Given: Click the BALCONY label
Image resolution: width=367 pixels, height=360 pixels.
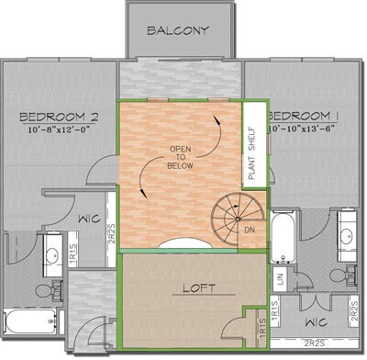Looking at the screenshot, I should click(x=178, y=29).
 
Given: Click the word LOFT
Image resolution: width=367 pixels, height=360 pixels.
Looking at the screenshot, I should click(x=197, y=287).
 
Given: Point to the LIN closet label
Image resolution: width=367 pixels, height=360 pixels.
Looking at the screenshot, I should click(x=276, y=276).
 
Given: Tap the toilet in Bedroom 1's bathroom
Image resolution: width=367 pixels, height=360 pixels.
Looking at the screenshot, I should click(x=338, y=275).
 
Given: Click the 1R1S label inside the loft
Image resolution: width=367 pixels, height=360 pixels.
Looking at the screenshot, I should click(x=262, y=324).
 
